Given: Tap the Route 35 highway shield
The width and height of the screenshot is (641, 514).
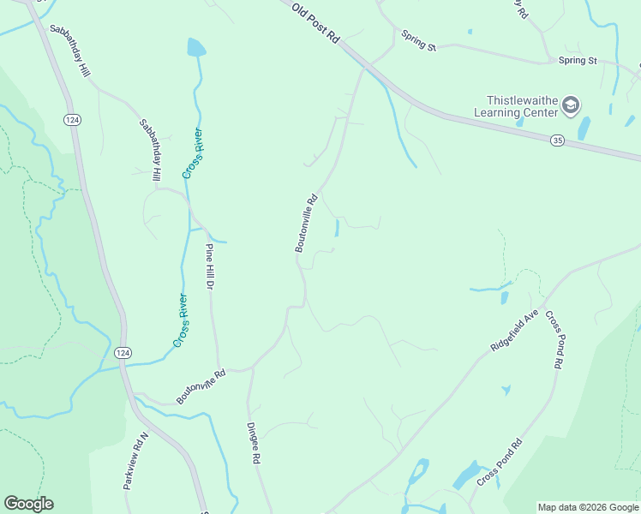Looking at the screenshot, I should click(558, 140).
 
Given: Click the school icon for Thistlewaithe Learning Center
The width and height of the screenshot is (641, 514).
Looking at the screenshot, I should click(572, 106).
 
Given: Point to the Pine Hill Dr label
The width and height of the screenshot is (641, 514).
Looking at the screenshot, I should click(208, 267).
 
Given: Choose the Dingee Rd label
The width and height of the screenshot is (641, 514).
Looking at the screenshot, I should click(253, 443).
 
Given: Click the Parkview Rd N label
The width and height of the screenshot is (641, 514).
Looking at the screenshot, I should click(135, 461).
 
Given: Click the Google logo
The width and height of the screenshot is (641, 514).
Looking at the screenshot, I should click(28, 504).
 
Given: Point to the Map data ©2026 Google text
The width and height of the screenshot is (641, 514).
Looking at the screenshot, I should click(588, 507).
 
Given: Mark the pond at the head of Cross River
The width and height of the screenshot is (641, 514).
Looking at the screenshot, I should click(196, 47).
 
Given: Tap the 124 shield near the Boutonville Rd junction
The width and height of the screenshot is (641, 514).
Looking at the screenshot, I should click(123, 353).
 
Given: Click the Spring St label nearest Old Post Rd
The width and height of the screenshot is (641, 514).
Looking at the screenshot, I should click(419, 41).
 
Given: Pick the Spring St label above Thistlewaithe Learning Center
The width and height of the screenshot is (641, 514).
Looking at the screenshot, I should click(578, 61).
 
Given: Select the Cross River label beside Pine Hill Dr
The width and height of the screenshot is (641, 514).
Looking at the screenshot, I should click(180, 320).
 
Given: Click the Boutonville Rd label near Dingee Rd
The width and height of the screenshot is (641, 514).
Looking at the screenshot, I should click(201, 386).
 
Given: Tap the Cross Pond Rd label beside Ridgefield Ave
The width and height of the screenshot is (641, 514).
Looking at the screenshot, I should click(554, 339).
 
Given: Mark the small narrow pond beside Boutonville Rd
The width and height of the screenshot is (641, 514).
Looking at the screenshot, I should click(337, 228).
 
